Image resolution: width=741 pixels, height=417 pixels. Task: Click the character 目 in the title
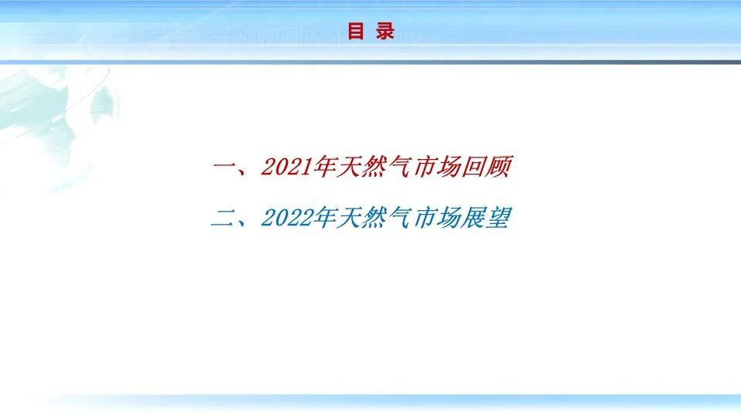(356, 31)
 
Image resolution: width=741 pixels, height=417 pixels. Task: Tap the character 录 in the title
(385, 31)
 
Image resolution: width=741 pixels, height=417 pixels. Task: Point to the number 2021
(286, 168)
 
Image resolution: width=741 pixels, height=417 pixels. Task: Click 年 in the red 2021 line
(322, 168)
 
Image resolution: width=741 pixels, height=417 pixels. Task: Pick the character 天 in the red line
(348, 168)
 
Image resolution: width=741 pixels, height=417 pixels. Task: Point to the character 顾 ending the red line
(499, 168)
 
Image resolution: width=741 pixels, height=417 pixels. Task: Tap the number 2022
(286, 219)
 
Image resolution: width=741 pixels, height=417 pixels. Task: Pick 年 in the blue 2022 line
(322, 219)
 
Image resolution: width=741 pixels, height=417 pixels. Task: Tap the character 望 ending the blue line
(499, 219)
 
